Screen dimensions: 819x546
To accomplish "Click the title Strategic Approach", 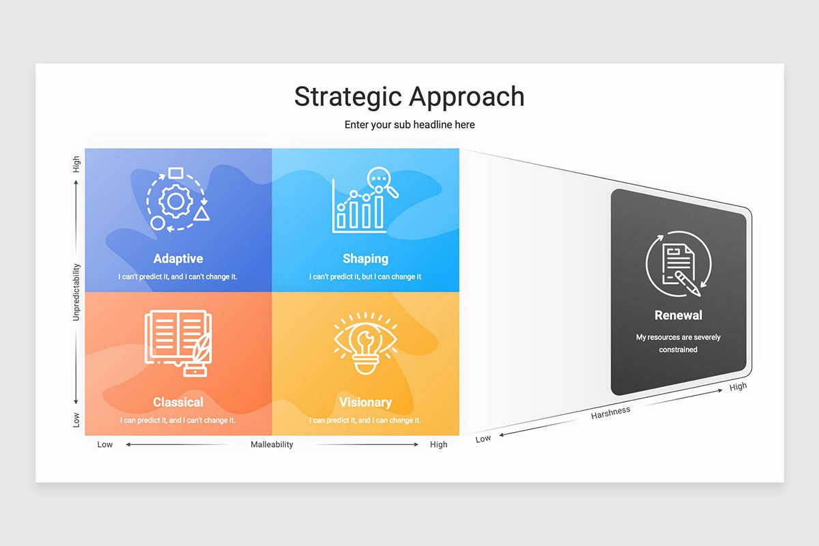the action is click(x=409, y=96).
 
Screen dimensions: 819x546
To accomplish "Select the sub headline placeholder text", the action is click(x=409, y=125).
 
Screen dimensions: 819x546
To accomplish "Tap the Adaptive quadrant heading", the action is click(x=178, y=259).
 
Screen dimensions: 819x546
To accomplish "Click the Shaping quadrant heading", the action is click(x=365, y=259).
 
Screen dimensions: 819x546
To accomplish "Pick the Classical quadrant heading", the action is click(x=178, y=402).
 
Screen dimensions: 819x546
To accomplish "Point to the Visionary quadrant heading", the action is click(x=365, y=402).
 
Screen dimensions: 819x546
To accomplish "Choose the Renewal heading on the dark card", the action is click(x=678, y=315).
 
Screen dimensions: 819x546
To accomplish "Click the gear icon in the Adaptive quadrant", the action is click(x=175, y=201).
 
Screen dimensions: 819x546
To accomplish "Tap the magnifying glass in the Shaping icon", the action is click(x=382, y=182).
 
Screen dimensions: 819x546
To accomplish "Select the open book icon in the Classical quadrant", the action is click(x=178, y=343).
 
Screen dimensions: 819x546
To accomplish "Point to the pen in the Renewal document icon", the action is click(x=687, y=283).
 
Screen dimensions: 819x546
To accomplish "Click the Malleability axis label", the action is click(x=272, y=444).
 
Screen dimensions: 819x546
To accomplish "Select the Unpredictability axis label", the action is click(x=76, y=292).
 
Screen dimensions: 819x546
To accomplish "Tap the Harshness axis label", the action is click(x=611, y=412).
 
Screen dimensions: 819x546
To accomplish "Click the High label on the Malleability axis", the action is click(x=438, y=444).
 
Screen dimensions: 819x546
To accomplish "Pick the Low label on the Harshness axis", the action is click(x=483, y=438).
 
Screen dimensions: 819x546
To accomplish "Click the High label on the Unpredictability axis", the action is click(x=76, y=164).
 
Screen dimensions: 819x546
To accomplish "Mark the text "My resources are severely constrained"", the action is click(x=678, y=343).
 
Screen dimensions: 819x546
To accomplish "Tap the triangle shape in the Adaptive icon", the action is click(x=201, y=214).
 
